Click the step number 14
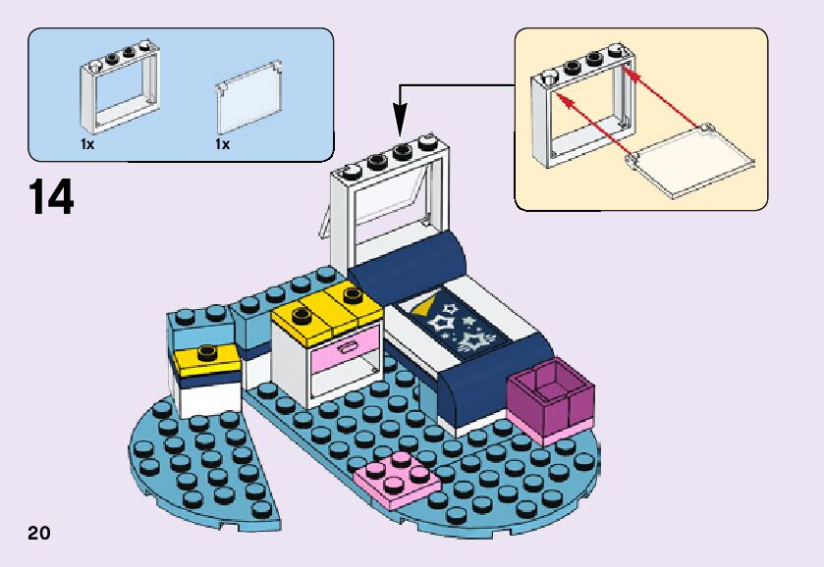pos(51,197)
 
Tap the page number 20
pos(39,533)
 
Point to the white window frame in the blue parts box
pos(119,90)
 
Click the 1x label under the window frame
pos(87,144)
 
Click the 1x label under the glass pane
pos(222,144)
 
